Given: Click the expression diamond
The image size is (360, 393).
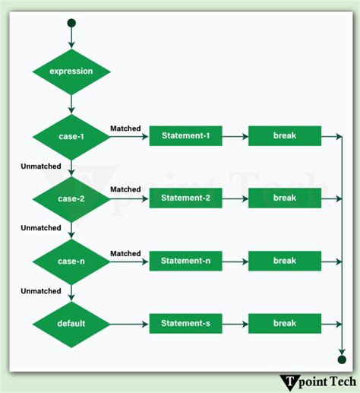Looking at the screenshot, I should point(71,71).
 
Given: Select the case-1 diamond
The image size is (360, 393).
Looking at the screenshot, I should point(71,136).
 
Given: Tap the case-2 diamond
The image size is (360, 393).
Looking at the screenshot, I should point(71,198).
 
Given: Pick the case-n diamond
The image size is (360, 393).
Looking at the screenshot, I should point(71,261).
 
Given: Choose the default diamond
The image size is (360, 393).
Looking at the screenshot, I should point(71,323).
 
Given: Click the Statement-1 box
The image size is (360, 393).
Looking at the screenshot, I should point(185,136).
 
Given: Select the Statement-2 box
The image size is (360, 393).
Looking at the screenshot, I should point(185,198).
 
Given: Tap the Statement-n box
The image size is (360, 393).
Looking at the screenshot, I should point(185,261).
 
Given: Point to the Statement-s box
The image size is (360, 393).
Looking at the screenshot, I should point(185,323).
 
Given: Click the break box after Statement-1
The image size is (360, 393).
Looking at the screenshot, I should point(284,136).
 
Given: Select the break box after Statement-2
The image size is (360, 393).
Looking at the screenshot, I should point(284,198).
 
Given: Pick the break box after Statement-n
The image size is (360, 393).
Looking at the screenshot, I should point(284,261).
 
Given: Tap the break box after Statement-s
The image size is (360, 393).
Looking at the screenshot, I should point(284,323).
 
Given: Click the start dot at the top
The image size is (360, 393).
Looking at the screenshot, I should point(71,23).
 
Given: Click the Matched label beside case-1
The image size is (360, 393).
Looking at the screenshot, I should point(125,128).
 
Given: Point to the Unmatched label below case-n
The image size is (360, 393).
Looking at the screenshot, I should point(40,291).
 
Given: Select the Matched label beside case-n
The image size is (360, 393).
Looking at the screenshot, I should point(125,253).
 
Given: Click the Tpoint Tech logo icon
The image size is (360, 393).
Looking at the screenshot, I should point(289,382).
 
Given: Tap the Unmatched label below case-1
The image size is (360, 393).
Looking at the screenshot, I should point(40,165).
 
